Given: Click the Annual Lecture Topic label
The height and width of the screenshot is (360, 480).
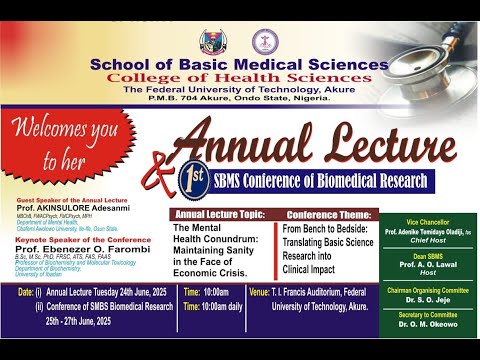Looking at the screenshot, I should [x=219, y=215].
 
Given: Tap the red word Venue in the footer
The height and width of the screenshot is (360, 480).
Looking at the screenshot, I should [x=258, y=292].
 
